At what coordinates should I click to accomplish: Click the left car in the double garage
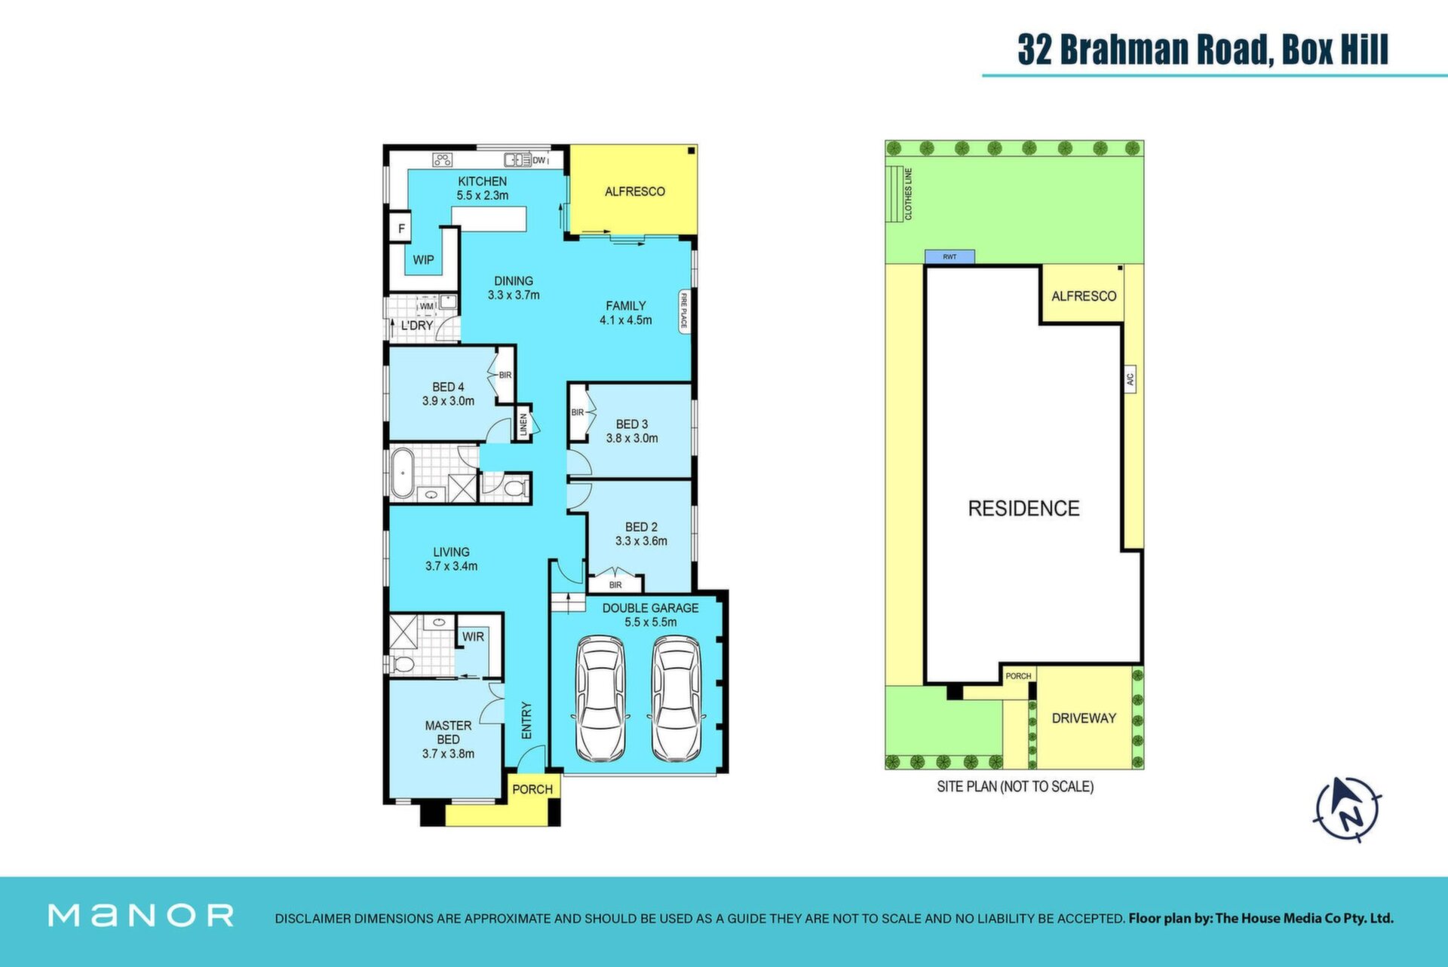[x=600, y=699]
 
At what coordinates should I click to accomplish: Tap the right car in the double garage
[x=676, y=699]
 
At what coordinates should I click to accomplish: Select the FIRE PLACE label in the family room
[x=684, y=312]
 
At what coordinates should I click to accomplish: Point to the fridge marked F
[x=401, y=228]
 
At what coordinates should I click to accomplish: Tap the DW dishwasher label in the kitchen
[x=538, y=160]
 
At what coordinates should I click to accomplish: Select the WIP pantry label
[x=423, y=260]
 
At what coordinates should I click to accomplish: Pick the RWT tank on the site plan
[x=949, y=257]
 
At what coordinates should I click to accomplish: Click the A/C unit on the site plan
[x=1130, y=378]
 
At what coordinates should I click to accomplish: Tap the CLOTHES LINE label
[x=908, y=194]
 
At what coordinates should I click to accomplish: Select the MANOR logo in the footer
[x=141, y=916]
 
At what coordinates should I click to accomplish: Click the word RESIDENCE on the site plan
[x=1023, y=509]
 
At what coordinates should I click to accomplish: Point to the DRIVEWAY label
[x=1084, y=718]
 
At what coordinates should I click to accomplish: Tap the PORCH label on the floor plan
[x=532, y=789]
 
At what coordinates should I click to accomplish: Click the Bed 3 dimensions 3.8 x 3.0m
[x=632, y=438]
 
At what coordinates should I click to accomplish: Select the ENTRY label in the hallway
[x=526, y=721]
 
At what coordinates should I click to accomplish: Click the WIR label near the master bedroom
[x=473, y=637]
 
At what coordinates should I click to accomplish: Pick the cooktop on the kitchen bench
[x=442, y=159]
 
